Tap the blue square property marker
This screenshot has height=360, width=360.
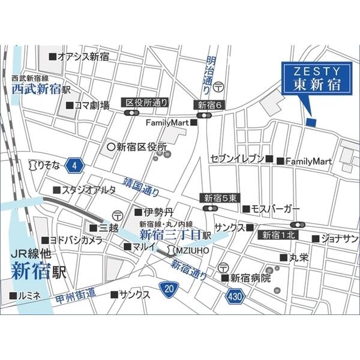click(x=310, y=123)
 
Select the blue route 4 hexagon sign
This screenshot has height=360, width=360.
click(x=74, y=164)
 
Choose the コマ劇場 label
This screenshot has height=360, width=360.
click(x=91, y=106)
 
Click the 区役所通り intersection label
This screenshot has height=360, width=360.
click(x=146, y=103)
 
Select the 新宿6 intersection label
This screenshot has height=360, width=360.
click(x=209, y=105)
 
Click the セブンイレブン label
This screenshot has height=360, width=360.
click(x=237, y=159)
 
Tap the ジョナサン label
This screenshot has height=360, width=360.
click(x=339, y=239)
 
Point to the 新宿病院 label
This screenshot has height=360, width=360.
click(x=250, y=278)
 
